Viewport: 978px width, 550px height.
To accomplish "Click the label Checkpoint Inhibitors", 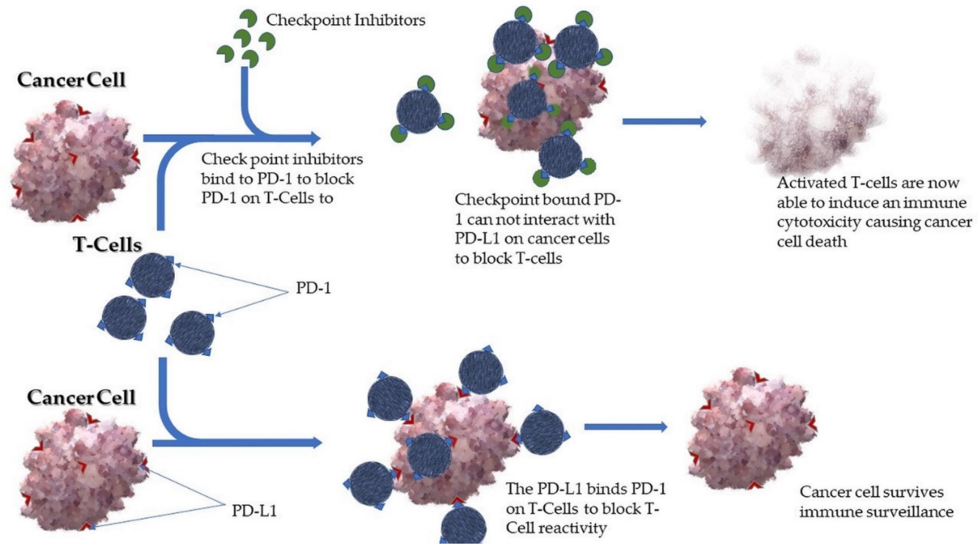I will point(346,20).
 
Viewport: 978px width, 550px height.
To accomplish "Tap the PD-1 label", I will point(313,289).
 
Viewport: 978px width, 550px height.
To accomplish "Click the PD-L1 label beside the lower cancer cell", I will point(254,511).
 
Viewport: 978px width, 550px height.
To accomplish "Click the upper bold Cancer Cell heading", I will point(71,80).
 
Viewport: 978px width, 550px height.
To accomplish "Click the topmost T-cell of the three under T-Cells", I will point(152,276).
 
